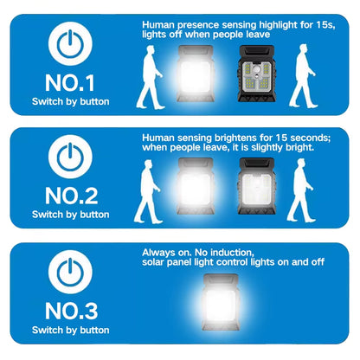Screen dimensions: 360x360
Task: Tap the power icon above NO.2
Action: pyautogui.click(x=71, y=156)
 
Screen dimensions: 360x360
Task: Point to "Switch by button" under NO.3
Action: pyautogui.click(x=71, y=330)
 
